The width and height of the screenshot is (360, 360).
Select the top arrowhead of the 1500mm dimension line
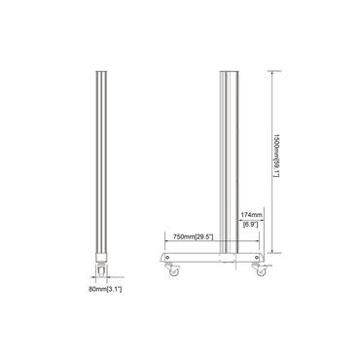(270, 72)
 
